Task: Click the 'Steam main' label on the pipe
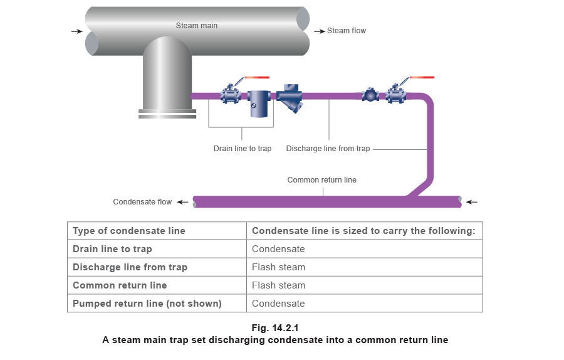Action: pyautogui.click(x=197, y=26)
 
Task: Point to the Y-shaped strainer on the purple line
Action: pyautogui.click(x=290, y=98)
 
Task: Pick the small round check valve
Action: pyautogui.click(x=370, y=96)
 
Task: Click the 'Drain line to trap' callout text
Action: pyautogui.click(x=243, y=149)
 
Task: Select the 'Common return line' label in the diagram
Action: pyautogui.click(x=321, y=180)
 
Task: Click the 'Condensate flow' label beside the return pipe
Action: pyautogui.click(x=142, y=202)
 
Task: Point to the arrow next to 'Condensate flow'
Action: pyautogui.click(x=182, y=202)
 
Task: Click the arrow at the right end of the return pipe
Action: pyautogui.click(x=471, y=202)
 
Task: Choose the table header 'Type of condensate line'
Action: pyautogui.click(x=130, y=231)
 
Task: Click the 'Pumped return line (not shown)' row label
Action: pyautogui.click(x=147, y=304)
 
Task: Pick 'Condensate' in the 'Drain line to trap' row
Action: pyautogui.click(x=278, y=249)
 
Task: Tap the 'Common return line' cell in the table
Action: pyautogui.click(x=120, y=285)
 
